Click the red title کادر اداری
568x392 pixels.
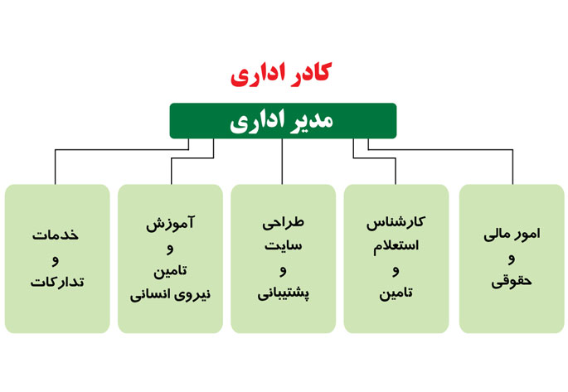coord(281,75)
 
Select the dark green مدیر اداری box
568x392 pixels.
coord(283,121)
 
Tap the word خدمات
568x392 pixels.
coord(56,235)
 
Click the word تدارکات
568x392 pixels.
coord(57,282)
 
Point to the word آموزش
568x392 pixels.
coord(170,223)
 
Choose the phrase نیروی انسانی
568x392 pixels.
coord(170,294)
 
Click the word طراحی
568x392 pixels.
coord(283,223)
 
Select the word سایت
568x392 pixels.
coord(283,246)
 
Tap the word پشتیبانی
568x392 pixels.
coord(284,293)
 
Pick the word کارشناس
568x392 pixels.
coord(396,223)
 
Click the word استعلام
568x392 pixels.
coord(396,246)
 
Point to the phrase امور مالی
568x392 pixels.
coord(512,235)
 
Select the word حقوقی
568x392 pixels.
coord(512,282)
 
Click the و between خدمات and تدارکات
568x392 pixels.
coord(56,260)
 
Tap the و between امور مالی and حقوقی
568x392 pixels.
coord(512,259)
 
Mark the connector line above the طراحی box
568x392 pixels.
coord(282,162)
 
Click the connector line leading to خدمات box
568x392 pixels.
coord(122,149)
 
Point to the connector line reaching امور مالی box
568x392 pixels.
coord(440,149)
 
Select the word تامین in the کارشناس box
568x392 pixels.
coord(396,293)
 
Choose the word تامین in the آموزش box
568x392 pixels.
coord(170,271)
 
